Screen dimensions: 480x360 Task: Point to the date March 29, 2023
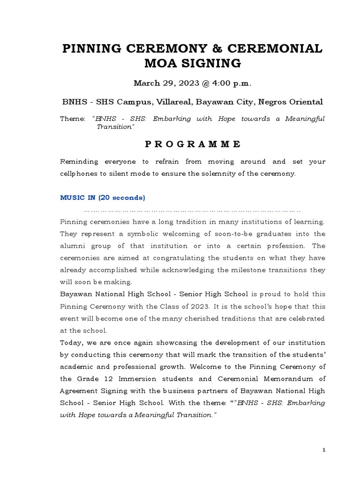coord(161,83)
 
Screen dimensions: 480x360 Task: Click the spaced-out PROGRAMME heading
coord(193,144)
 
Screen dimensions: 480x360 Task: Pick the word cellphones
coord(78,173)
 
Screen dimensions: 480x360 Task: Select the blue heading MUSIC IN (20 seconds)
coord(103,197)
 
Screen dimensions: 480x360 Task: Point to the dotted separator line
coord(192,210)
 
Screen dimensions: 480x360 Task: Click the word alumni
coord(74,246)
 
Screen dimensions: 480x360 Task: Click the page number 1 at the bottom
coord(323,450)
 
